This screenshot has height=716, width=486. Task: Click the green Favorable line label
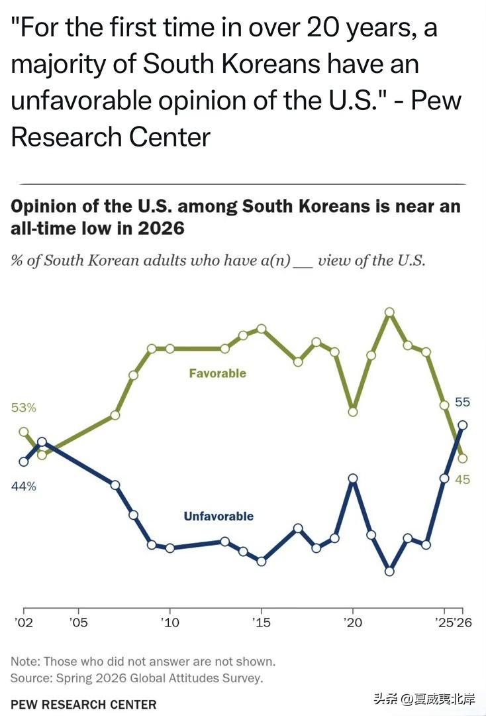point(217,373)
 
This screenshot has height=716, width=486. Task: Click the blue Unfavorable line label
point(219,516)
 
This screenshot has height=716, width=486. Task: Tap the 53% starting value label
point(23,407)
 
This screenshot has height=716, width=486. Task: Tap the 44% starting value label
point(23,487)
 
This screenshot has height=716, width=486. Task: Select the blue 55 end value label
point(462,402)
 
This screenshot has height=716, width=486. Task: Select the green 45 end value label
point(462,479)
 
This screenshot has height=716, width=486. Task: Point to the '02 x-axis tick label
point(24,622)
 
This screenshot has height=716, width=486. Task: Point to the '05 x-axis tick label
point(78,622)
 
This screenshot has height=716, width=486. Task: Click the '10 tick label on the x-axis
point(170,622)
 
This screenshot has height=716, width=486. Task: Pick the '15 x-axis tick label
point(262,622)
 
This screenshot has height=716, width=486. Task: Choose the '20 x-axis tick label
point(352,622)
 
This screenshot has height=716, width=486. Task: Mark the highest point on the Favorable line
point(389,312)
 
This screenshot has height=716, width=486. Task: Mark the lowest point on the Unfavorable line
point(389,571)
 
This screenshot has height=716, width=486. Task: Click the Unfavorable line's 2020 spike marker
point(353,479)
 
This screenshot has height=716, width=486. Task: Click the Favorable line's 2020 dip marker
point(353,412)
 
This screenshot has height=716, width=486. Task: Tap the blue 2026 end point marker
point(462,425)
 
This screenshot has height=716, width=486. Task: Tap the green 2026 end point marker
point(462,458)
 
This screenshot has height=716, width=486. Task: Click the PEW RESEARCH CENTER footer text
point(83,705)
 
